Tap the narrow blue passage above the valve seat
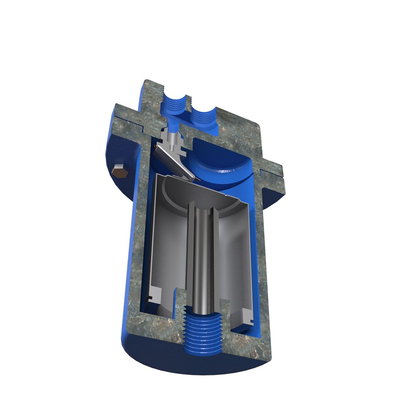click(x=172, y=126)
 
